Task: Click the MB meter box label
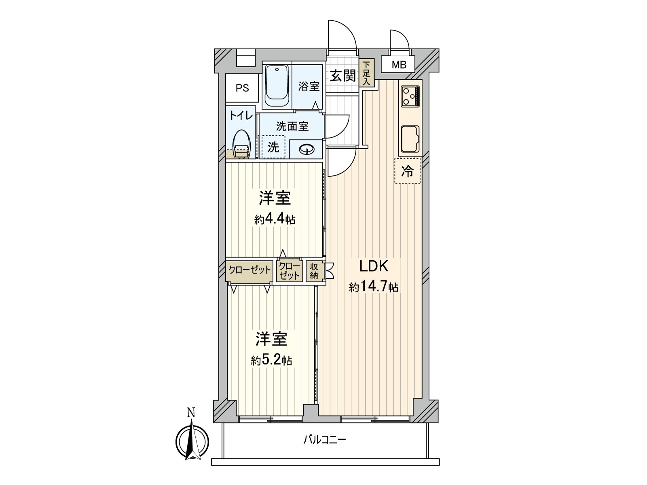(399, 65)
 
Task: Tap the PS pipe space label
(242, 88)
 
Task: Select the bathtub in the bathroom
(277, 86)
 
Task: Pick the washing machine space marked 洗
(273, 147)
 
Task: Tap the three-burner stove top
(410, 96)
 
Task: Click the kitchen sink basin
(410, 139)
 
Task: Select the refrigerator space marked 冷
(407, 171)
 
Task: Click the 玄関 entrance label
(343, 76)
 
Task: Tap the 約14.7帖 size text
(374, 287)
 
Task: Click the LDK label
(374, 266)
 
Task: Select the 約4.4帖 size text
(275, 219)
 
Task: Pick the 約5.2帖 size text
(271, 360)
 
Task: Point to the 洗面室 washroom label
(292, 126)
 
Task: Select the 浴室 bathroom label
(309, 86)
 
